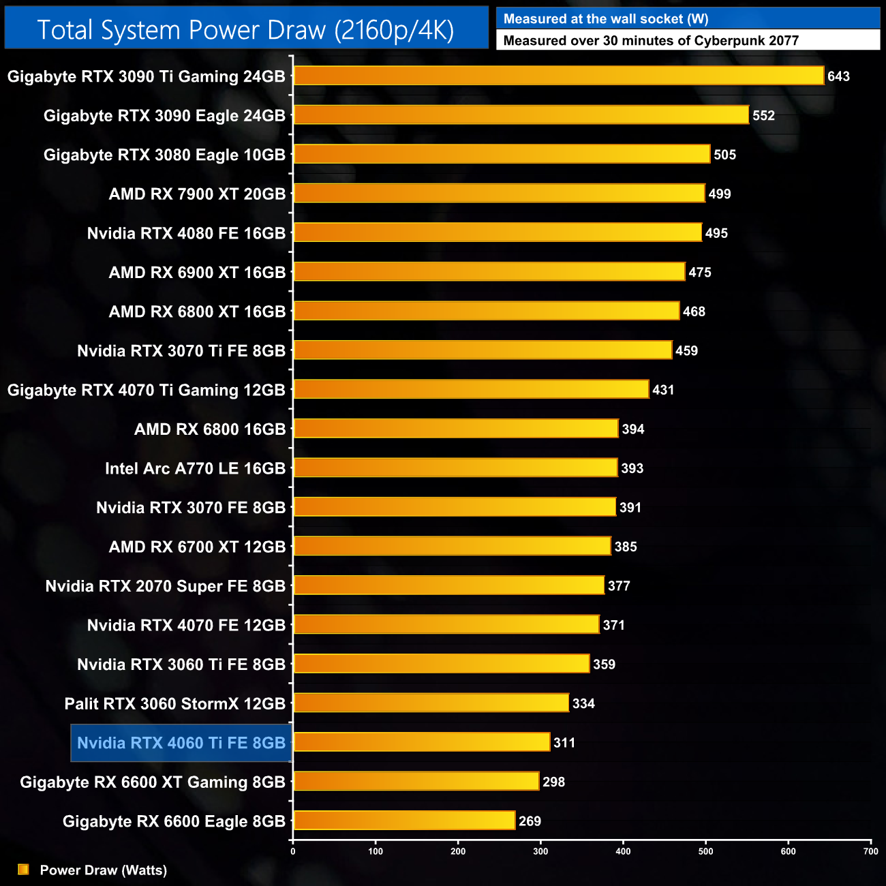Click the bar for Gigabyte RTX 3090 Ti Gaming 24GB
559,76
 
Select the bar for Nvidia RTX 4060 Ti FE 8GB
422,742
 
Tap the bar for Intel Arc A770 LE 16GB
455,468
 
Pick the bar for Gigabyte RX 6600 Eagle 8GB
404,821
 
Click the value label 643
838,76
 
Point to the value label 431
663,390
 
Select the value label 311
564,742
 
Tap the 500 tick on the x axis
705,851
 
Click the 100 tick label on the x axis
376,851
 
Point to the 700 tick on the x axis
870,851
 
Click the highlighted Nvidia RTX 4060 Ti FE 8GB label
181,743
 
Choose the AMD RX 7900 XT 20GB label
197,194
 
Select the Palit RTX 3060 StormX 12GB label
174,703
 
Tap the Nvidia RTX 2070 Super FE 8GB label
166,586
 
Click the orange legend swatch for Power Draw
23,869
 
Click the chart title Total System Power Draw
245,30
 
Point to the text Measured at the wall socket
605,19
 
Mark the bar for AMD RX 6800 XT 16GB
487,311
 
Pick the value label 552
763,116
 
